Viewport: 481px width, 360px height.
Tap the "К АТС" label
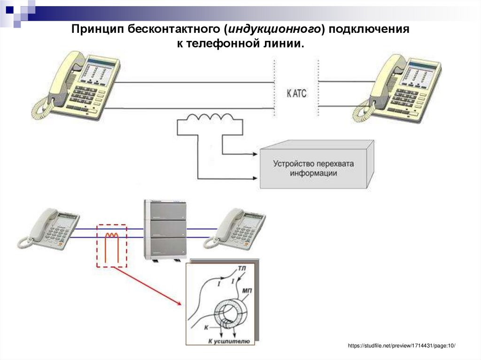[296, 93]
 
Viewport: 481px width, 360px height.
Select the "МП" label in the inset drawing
[247, 291]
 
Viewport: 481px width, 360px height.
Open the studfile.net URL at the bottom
[402, 346]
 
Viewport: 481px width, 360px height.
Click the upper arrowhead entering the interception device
[256, 153]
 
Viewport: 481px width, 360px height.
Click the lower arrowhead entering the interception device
[256, 178]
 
